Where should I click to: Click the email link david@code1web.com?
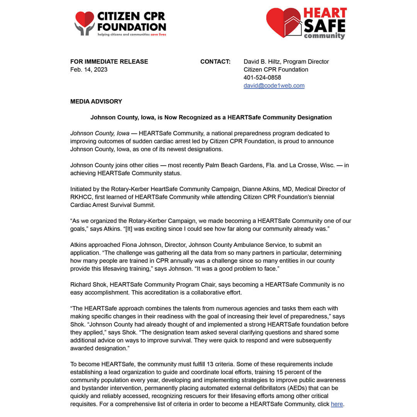274,86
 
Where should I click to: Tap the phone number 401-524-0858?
262,78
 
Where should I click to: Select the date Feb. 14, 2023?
89,69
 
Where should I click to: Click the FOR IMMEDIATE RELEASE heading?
109,61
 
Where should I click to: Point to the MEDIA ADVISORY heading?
96,102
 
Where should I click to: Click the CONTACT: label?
215,61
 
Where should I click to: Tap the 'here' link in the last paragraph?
337,404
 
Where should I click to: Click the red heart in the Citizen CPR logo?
85,18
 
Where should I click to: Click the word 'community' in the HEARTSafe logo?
324,36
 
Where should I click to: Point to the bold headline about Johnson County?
211,117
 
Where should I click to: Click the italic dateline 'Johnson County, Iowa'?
100,133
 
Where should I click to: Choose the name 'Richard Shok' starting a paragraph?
88,285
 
